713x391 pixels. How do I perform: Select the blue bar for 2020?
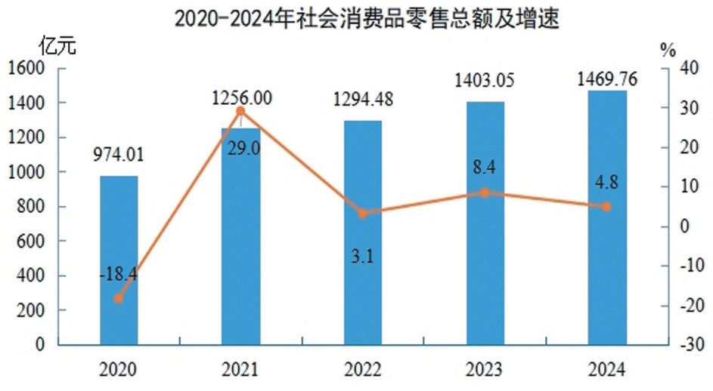[119, 260]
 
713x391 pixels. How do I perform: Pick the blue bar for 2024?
[607, 219]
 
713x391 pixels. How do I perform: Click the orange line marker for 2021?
[240, 112]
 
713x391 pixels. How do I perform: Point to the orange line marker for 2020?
[119, 298]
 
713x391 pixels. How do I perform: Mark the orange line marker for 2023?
[485, 192]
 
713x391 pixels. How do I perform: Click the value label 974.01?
[119, 155]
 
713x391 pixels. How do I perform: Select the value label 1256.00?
[241, 97]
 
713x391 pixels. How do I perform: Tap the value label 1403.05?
[485, 80]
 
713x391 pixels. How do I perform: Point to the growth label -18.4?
[118, 276]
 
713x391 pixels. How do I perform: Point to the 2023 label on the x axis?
[485, 370]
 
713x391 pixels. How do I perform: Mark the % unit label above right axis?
[668, 50]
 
